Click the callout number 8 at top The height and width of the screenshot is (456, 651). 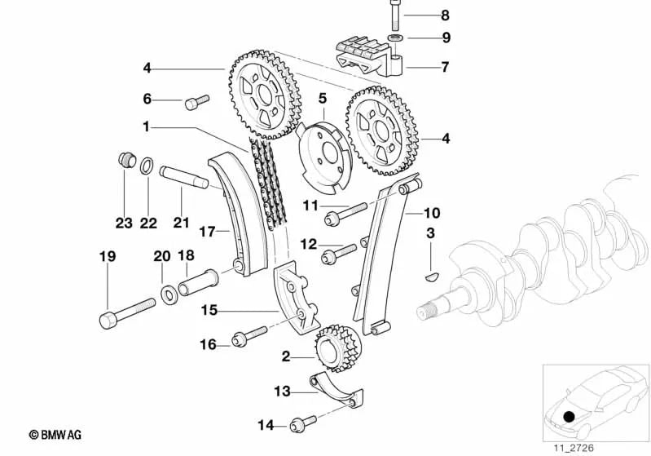[444, 15]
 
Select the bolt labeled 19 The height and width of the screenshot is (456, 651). [126, 312]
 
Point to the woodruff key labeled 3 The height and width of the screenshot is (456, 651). [433, 276]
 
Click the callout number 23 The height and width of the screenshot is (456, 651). [122, 221]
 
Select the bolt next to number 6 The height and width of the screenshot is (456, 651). [196, 101]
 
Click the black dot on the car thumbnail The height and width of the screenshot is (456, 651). [569, 418]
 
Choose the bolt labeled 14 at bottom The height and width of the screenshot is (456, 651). [302, 423]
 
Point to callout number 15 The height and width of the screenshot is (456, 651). [209, 310]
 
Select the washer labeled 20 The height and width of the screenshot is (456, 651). [167, 292]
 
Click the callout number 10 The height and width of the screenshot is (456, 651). [431, 214]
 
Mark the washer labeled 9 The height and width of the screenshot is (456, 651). [395, 38]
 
